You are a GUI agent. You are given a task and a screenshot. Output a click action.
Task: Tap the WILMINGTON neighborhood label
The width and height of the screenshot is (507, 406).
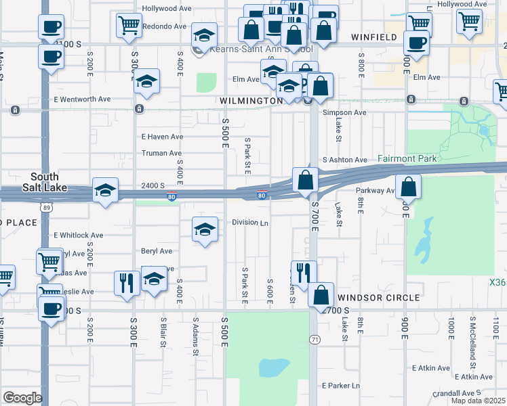pos(251,101)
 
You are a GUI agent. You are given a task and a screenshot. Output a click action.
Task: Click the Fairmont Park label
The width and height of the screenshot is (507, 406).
pos(409,158)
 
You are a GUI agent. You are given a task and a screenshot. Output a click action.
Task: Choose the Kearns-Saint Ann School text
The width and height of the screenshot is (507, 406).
pos(261,49)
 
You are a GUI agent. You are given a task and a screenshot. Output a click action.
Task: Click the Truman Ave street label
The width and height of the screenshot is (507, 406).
pos(161,154)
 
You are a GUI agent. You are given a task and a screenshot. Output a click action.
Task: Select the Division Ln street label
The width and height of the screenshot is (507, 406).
pos(250,222)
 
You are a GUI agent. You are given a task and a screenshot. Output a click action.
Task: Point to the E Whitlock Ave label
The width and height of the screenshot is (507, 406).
pos(79,235)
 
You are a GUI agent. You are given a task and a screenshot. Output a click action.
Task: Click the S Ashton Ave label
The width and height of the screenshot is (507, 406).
pos(344,160)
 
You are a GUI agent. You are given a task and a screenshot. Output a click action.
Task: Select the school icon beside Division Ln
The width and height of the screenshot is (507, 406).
pos(205,229)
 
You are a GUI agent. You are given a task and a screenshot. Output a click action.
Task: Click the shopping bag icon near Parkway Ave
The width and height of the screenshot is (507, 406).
pos(408,187)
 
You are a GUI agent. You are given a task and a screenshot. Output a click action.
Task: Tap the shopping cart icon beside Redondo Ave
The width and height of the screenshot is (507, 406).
pos(129,26)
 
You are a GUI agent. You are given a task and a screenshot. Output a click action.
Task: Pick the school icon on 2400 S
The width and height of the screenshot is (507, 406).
pos(105,191)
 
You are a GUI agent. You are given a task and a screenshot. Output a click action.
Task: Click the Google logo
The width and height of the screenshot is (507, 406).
pos(22,398)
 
